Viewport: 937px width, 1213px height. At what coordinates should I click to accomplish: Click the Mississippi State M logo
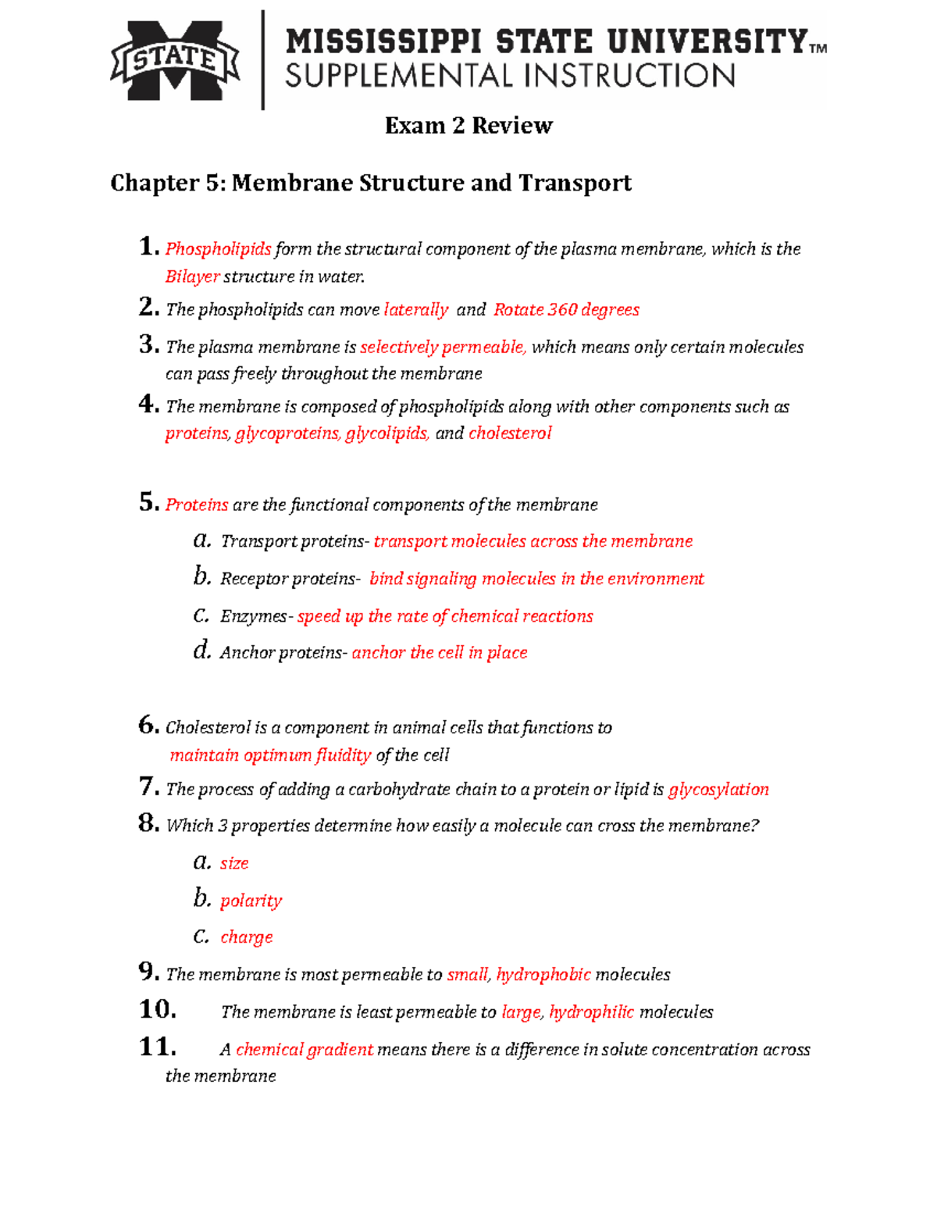(x=176, y=60)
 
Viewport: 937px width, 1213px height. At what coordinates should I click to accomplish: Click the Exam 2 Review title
(x=468, y=126)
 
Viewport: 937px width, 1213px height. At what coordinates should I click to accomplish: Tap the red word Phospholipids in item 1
(x=218, y=249)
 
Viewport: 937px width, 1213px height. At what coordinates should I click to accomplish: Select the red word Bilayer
(x=192, y=276)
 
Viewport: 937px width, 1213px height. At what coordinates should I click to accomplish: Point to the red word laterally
(x=415, y=310)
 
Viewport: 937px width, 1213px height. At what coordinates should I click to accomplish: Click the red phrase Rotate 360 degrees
(x=566, y=310)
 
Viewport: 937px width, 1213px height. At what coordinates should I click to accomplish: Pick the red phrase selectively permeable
(x=443, y=347)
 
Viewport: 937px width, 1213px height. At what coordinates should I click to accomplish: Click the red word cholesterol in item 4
(x=510, y=433)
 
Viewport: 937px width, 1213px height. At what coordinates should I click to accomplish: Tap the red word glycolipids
(x=387, y=433)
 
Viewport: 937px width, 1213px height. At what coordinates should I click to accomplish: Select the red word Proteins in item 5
(x=197, y=505)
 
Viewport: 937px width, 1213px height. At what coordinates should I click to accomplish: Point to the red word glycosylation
(x=718, y=790)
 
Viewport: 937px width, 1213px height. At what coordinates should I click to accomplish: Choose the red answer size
(x=234, y=863)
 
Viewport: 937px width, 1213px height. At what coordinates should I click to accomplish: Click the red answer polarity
(x=251, y=901)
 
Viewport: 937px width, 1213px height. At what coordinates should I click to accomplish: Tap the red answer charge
(x=247, y=937)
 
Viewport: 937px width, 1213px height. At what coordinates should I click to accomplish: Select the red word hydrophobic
(x=543, y=975)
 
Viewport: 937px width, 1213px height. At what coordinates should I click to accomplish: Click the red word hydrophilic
(x=591, y=1012)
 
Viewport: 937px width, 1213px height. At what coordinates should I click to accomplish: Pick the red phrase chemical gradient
(x=305, y=1050)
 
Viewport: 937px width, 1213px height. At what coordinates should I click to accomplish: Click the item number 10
(x=157, y=1009)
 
